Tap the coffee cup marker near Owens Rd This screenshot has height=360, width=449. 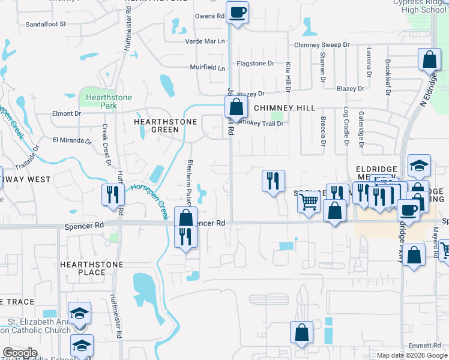(237, 12)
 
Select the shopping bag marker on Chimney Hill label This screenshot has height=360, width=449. (237, 108)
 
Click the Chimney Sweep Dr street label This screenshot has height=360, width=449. (321, 45)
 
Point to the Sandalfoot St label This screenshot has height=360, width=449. (46, 24)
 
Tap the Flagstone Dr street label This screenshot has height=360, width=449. (255, 62)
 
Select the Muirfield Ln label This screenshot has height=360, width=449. (208, 67)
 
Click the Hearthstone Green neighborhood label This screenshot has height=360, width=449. (157, 125)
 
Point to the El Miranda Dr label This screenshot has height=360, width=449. (71, 141)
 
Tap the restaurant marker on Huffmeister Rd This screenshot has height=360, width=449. (113, 194)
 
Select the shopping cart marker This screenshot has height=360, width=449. (309, 202)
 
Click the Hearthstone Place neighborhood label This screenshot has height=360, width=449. (91, 268)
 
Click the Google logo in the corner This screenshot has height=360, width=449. (20, 353)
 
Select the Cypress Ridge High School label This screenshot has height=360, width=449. (420, 6)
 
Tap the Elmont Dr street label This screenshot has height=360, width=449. (67, 113)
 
